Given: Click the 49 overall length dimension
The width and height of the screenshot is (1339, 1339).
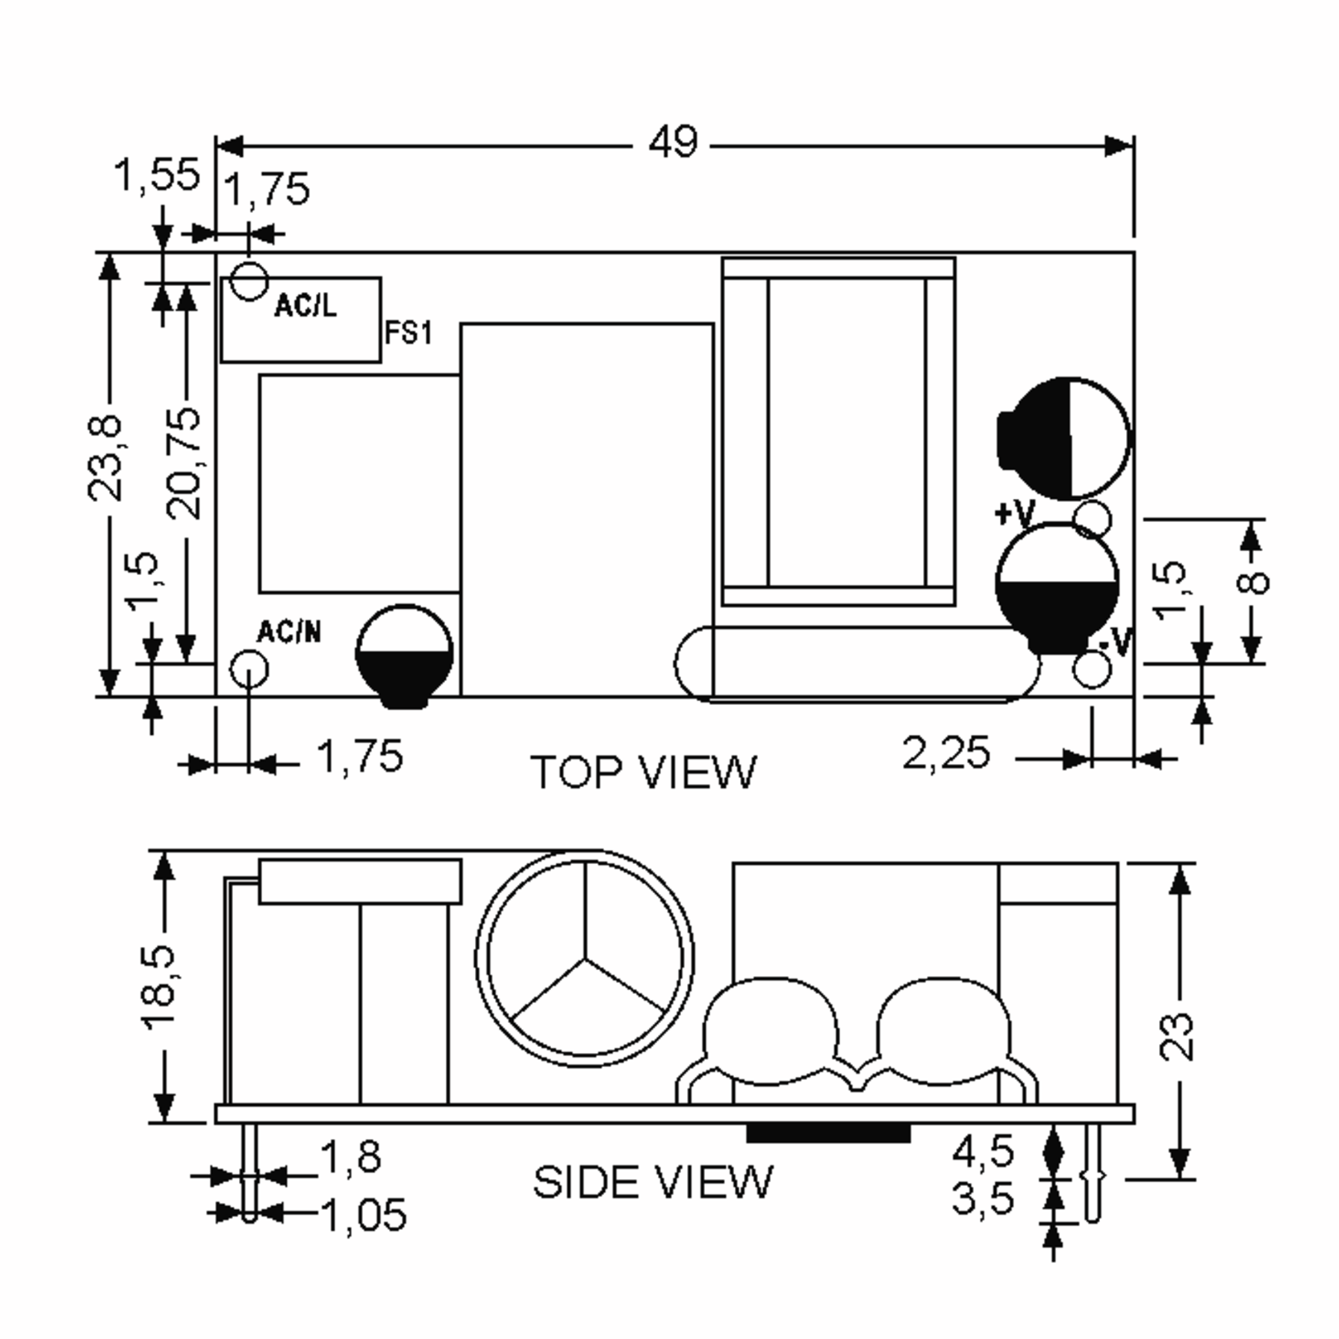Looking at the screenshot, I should tap(673, 143).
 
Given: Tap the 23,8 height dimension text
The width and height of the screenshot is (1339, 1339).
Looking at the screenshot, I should tap(105, 458).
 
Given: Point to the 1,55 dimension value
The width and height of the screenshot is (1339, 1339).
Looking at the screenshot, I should tap(157, 175).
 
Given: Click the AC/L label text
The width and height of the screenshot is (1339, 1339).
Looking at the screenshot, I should tap(306, 306).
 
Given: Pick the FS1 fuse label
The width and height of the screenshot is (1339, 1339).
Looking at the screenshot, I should tap(408, 334).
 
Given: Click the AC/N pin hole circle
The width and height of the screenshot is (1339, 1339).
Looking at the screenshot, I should tap(248, 669).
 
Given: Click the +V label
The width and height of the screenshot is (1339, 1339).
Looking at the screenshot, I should tap(1014, 514).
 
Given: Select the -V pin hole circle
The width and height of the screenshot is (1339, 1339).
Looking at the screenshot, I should tap(1092, 669).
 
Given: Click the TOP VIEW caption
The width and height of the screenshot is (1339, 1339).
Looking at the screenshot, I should tap(643, 773).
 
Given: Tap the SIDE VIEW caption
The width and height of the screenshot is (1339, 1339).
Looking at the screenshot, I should tap(652, 1182).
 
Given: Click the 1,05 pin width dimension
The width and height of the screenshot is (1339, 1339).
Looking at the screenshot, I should tap(364, 1215).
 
